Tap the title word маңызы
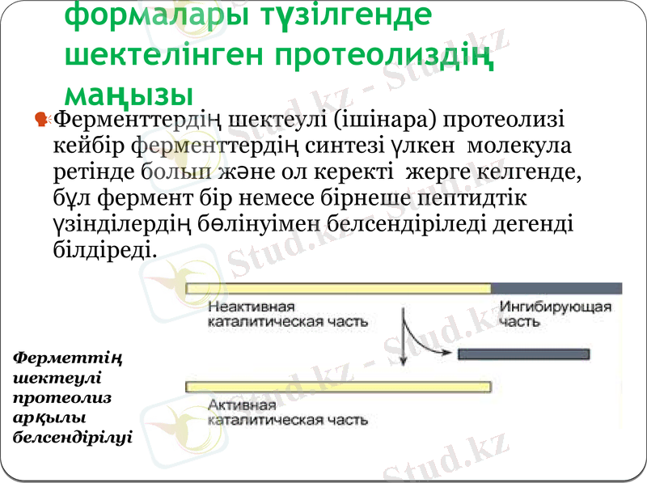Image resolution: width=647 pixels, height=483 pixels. click(x=129, y=93)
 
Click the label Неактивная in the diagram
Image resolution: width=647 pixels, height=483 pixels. click(x=251, y=307)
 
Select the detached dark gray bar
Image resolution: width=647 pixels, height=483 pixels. click(x=523, y=354)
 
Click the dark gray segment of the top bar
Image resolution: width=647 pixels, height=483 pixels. click(x=556, y=288)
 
